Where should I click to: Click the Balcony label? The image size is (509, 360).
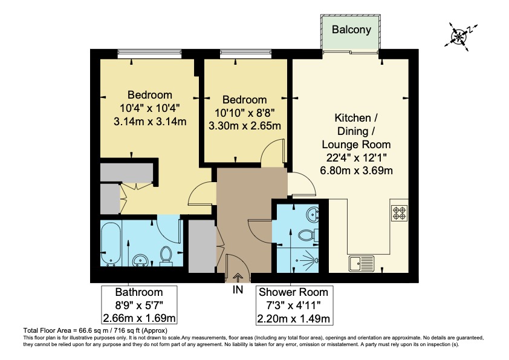pyautogui.click(x=351, y=28)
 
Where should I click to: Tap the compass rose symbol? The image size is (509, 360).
pyautogui.click(x=459, y=35)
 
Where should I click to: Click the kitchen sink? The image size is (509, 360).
pyautogui.click(x=361, y=263)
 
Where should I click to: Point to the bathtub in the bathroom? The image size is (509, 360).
pyautogui.click(x=111, y=243)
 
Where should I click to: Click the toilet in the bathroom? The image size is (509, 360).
pyautogui.click(x=168, y=255)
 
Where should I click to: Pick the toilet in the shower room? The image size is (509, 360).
pyautogui.click(x=309, y=235)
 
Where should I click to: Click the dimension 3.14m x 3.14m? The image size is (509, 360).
pyautogui.click(x=149, y=121)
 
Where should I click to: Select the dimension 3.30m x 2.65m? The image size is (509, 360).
pyautogui.click(x=244, y=126)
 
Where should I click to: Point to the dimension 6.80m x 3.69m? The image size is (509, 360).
pyautogui.click(x=356, y=171)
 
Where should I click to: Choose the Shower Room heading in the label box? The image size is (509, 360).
pyautogui.click(x=293, y=293)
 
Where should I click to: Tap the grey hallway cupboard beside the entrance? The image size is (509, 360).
pyautogui.click(x=201, y=246)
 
